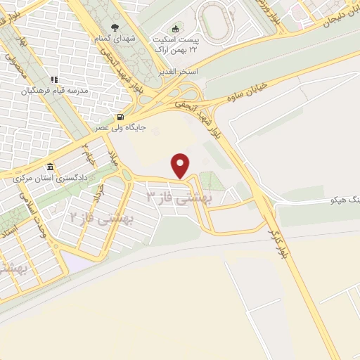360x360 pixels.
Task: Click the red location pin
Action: (x=181, y=165)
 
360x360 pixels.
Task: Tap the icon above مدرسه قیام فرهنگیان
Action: (x=54, y=80)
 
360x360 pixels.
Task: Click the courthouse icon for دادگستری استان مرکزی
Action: (x=50, y=167)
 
